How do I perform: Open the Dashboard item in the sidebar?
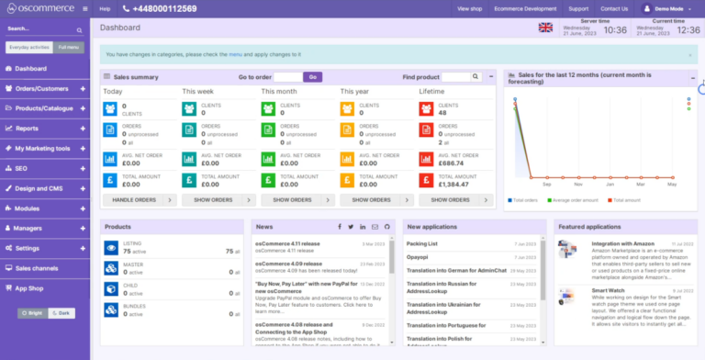pos(30,69)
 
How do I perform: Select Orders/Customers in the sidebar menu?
pos(41,89)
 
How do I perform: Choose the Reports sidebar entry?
pos(27,129)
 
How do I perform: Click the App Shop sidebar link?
pos(29,287)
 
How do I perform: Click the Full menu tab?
pos(68,46)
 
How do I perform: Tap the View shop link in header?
pos(470,8)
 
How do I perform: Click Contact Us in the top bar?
pos(614,8)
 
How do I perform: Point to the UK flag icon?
pos(546,28)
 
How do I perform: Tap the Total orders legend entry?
pos(525,199)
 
